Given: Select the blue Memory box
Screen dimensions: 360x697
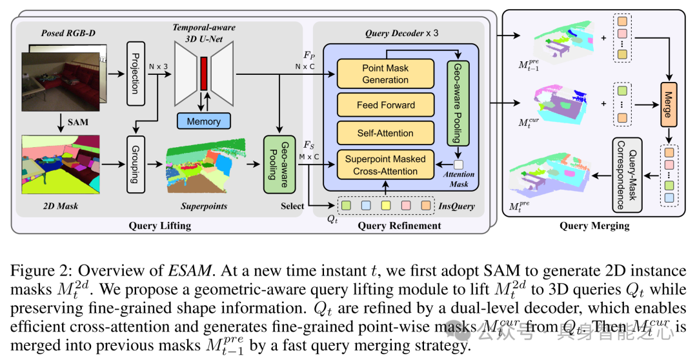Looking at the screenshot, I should pos(203,121).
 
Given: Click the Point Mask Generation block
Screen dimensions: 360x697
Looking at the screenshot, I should pos(386,74).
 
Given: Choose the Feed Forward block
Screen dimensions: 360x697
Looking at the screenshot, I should pos(386,105).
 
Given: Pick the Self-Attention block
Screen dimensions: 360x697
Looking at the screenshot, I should pos(386,133).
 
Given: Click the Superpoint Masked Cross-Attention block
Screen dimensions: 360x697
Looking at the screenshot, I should pos(386,165).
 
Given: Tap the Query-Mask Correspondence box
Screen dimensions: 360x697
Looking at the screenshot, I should pos(623,175).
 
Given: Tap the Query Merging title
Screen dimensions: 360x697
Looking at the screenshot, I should pos(593,226).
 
